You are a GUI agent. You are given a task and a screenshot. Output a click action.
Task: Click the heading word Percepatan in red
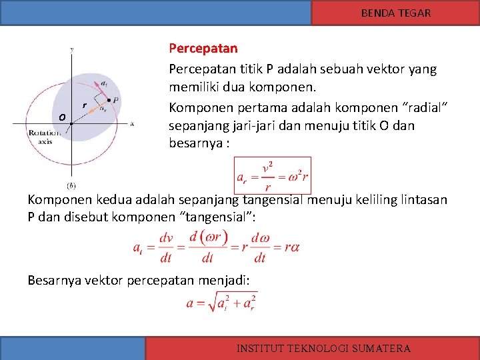pyautogui.click(x=203, y=49)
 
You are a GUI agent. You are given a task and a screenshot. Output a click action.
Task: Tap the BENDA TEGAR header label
pyautogui.click(x=395, y=13)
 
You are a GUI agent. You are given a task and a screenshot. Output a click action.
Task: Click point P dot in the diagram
pyautogui.click(x=109, y=99)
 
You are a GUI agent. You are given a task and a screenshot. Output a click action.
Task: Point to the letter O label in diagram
pyautogui.click(x=61, y=118)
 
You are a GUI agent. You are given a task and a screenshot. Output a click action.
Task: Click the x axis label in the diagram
pyautogui.click(x=132, y=123)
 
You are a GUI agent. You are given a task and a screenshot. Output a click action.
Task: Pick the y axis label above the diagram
pyautogui.click(x=71, y=49)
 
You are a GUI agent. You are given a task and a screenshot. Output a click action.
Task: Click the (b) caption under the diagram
pyautogui.click(x=71, y=185)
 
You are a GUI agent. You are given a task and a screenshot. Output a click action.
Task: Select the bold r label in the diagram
pyautogui.click(x=84, y=105)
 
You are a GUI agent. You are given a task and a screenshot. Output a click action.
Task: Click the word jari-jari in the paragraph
pyautogui.click(x=247, y=126)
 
